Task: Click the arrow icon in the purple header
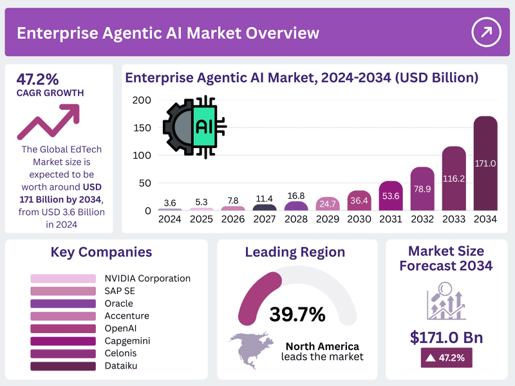486,32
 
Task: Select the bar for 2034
485,163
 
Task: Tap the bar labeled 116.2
454,178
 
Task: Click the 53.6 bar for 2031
391,196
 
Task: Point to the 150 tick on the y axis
142,127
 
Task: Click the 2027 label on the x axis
265,219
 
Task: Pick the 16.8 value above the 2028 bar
296,196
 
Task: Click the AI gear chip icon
195,127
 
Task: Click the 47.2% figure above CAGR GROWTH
37,79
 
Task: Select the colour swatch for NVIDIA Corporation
63,279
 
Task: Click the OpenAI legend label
120,328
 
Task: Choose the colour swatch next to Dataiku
63,366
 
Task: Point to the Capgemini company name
127,341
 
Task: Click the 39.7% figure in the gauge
297,314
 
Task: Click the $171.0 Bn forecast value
446,337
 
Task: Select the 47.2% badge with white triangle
446,358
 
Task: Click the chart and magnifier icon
446,301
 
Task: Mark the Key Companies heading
101,252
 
